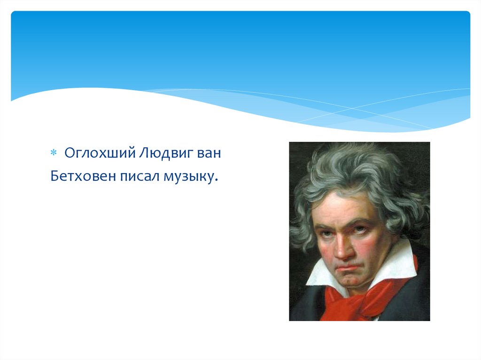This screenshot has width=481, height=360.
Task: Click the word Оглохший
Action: point(100,153)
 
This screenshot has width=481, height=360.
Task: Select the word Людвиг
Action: point(165,153)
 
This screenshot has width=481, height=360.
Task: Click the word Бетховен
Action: point(83,176)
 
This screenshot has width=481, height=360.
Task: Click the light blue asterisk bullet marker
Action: point(54,153)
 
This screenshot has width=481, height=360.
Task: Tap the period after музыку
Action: point(216,181)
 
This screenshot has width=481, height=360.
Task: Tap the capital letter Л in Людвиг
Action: point(144,153)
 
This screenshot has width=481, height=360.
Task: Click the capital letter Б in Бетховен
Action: point(54,176)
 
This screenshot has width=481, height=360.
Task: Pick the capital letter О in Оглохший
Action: point(70,153)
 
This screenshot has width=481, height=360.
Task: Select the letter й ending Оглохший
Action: point(132,153)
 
